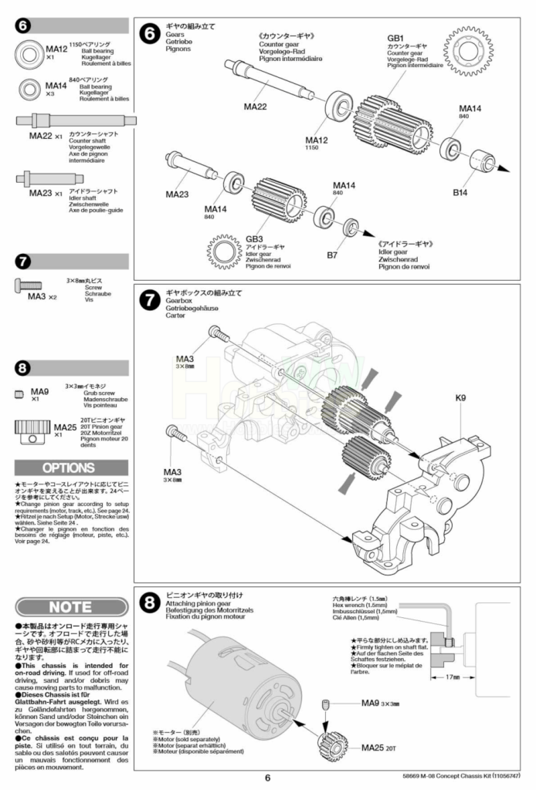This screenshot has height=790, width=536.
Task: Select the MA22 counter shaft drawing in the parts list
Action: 76,120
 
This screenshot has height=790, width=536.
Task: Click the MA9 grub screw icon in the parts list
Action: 19,394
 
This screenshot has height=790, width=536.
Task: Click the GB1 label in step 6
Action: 395,37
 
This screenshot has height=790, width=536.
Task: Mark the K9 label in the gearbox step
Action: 461,398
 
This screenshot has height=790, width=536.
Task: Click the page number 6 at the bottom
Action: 267,778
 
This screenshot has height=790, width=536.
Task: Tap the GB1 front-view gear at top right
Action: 469,51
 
